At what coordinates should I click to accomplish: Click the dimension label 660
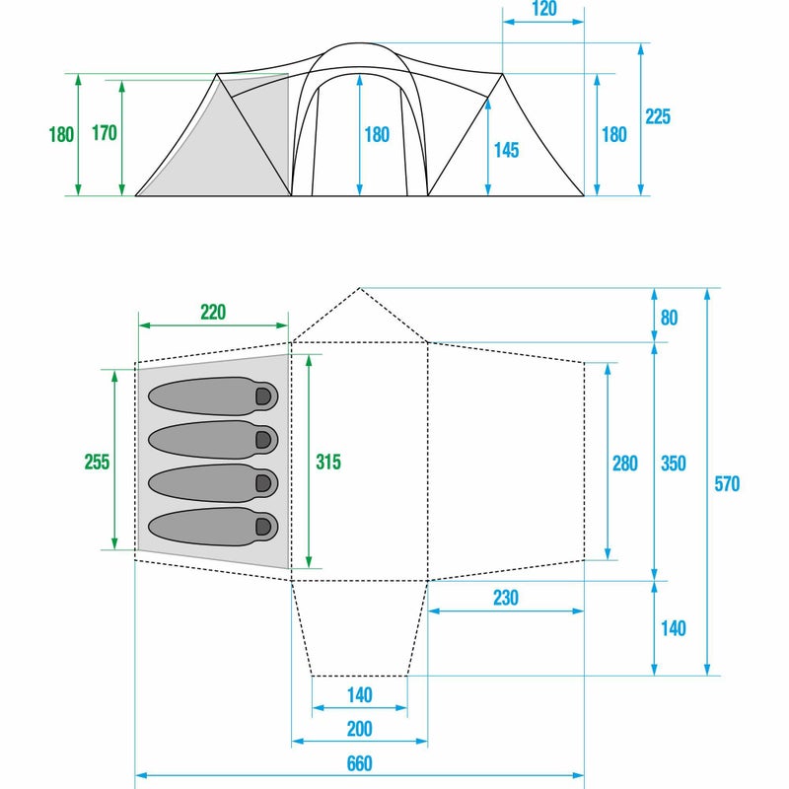(360, 763)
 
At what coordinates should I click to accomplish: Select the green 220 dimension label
(212, 313)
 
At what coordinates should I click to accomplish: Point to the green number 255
(96, 462)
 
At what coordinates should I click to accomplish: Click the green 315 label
(327, 462)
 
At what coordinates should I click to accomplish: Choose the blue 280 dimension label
(625, 462)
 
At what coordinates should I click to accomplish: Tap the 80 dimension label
(670, 318)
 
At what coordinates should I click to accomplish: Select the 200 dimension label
(360, 729)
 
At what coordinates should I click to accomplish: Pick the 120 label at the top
(543, 10)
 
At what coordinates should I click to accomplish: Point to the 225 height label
(658, 117)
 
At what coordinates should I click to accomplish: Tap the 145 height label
(506, 150)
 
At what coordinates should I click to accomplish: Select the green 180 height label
(61, 135)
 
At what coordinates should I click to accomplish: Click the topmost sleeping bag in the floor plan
(212, 394)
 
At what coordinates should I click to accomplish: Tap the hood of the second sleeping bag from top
(263, 439)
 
